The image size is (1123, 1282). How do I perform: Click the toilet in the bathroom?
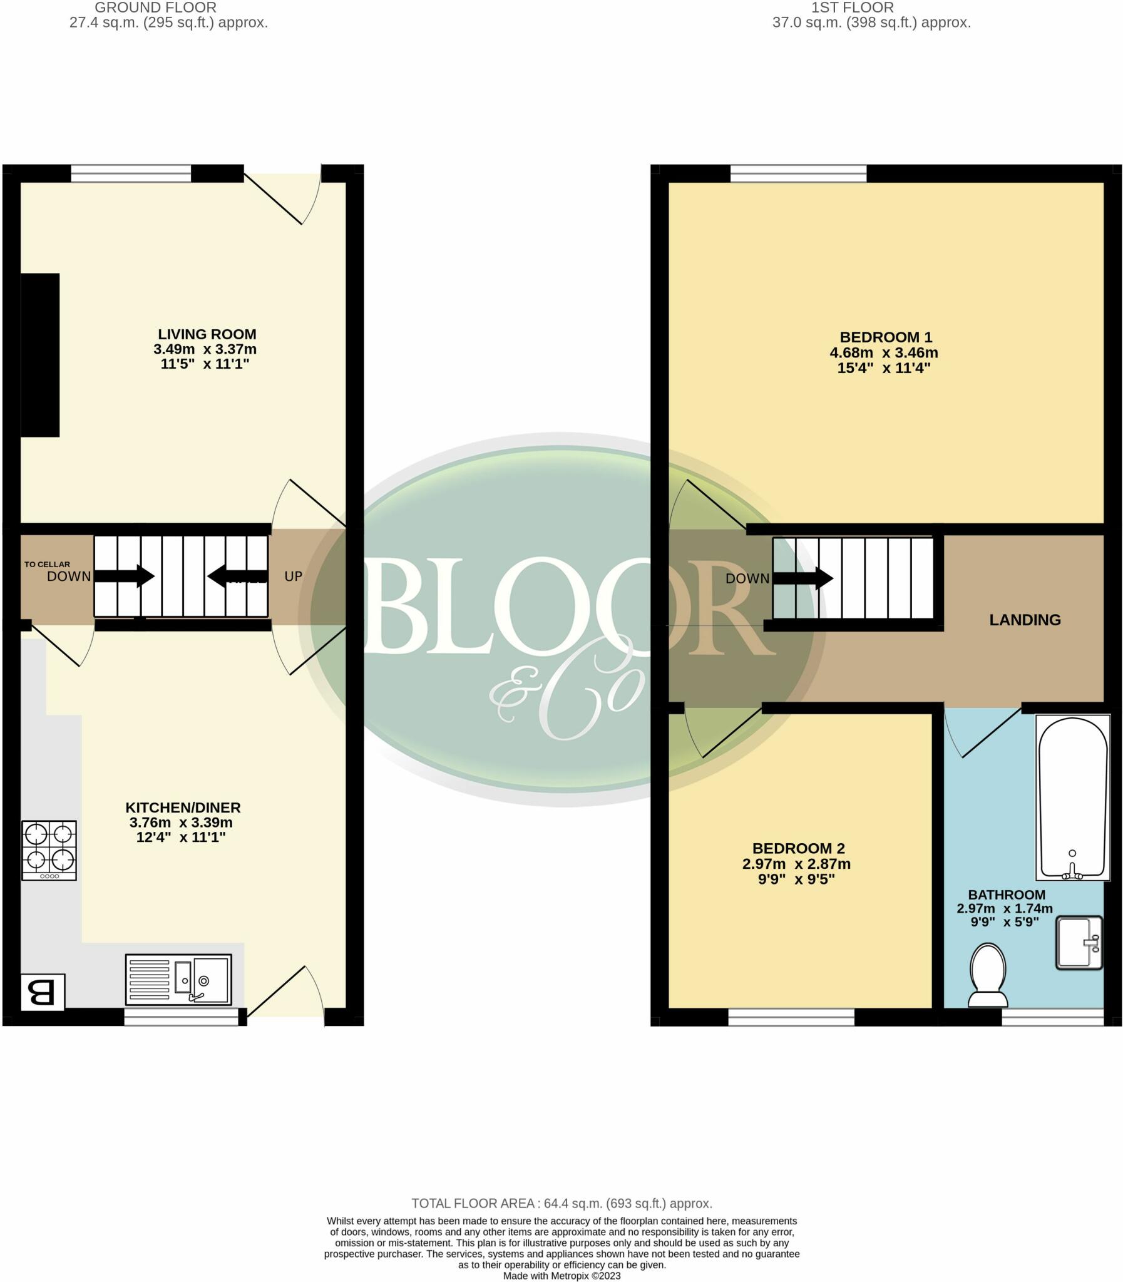988,975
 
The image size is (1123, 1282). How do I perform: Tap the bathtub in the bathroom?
1072,797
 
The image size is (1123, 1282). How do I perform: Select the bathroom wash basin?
1079,942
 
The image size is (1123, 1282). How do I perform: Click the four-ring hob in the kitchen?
49,850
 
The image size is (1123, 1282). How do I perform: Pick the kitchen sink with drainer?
178,980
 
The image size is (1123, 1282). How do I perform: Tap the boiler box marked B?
43,992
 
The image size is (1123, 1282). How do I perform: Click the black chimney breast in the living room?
40,355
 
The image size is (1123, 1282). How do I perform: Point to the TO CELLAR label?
47,564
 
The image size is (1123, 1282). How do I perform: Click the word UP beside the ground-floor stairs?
294,576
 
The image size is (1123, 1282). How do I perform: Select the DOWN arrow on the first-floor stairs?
803,578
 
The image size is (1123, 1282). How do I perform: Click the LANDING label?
1025,620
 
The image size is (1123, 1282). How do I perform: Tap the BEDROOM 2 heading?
798,848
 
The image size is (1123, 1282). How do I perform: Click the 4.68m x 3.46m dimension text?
884,352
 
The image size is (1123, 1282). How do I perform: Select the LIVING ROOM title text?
207,334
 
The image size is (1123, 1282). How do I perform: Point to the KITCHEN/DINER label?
183,807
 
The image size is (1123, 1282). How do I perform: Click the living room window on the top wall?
131,173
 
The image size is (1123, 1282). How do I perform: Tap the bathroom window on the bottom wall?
1052,1017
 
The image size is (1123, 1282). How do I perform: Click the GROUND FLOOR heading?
155,8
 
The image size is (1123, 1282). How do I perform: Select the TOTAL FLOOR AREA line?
561,1203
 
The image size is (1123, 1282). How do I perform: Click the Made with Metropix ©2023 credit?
561,1276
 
